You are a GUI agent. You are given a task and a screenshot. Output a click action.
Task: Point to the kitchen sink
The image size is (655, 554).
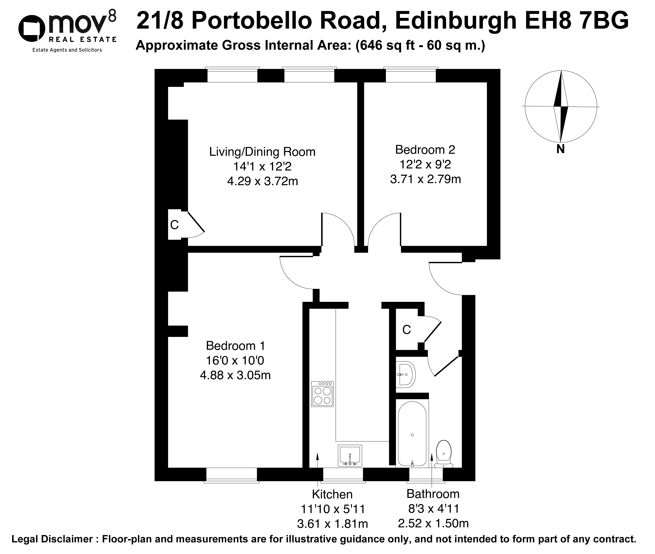click(350, 455)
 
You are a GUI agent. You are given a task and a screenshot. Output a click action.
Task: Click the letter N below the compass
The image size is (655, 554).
click(560, 149)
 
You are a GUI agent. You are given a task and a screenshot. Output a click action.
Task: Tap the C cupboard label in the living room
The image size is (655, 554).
click(174, 225)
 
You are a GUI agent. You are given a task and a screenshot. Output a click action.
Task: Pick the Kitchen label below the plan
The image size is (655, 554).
click(332, 494)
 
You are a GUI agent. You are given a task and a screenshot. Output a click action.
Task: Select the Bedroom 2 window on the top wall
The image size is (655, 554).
click(411, 75)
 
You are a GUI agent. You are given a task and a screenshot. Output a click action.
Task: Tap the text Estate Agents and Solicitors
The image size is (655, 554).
click(67, 50)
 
